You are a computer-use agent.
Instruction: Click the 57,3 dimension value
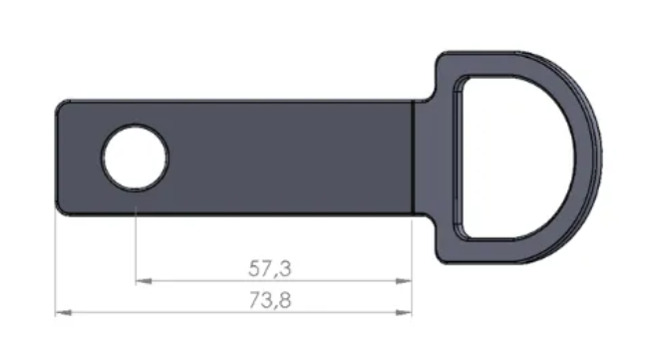(x=270, y=268)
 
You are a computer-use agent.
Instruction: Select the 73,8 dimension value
(x=270, y=300)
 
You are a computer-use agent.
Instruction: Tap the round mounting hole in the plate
(x=136, y=158)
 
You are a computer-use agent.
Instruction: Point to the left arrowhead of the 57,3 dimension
(x=144, y=281)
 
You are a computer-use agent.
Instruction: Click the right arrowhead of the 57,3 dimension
(x=404, y=281)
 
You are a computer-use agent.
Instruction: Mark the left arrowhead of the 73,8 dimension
(x=63, y=312)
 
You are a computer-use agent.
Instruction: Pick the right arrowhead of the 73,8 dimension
(x=404, y=312)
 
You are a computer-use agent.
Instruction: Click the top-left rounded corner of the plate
(x=63, y=107)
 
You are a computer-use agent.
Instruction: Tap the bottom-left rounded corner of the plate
(x=63, y=208)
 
